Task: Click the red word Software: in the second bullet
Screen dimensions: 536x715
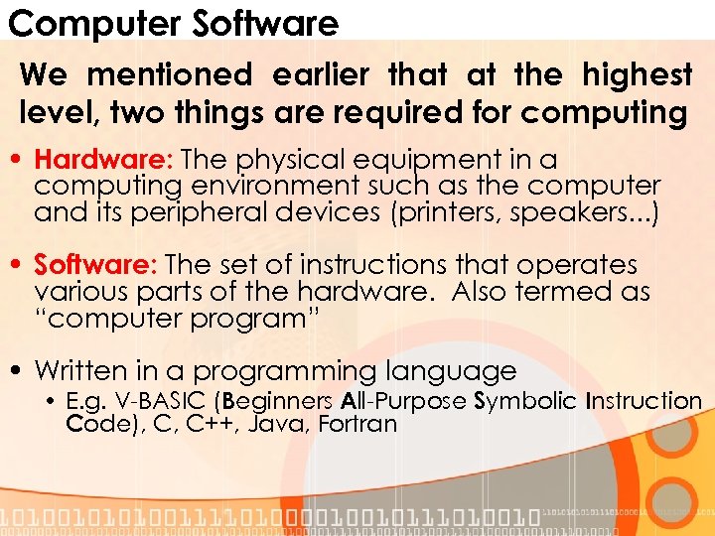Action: point(97,265)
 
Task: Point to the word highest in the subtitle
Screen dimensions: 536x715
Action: point(638,74)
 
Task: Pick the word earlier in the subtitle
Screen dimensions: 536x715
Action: point(320,74)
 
